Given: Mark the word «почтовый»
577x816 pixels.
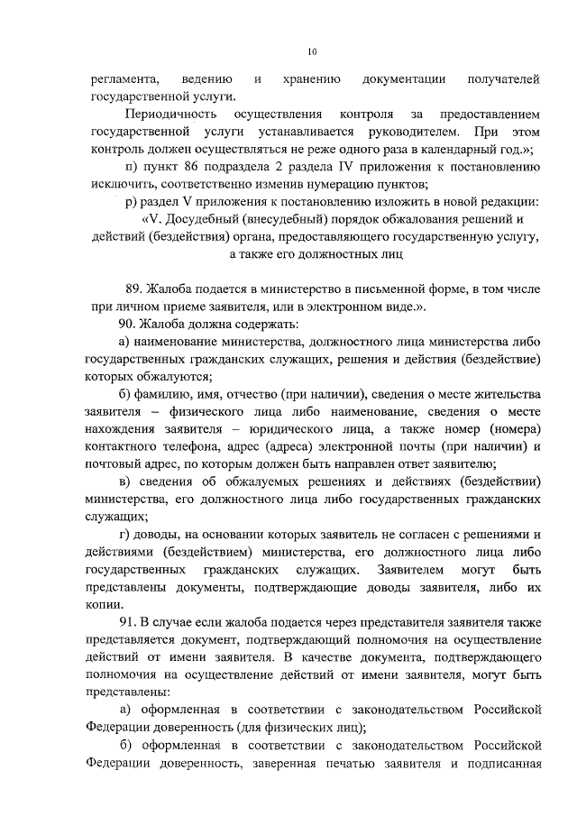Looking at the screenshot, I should [x=116, y=464].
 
